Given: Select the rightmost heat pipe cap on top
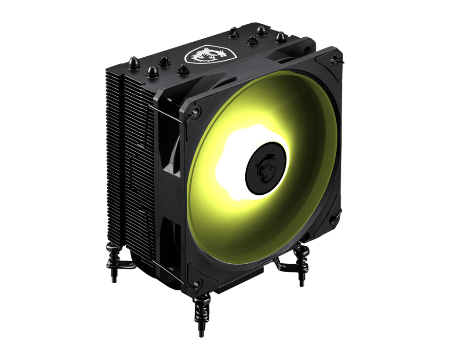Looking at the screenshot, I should click(x=280, y=38).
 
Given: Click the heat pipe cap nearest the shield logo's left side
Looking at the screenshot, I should click(x=183, y=69).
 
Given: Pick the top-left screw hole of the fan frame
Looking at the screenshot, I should click(x=196, y=109).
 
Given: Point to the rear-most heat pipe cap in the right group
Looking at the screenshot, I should click(x=234, y=32).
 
